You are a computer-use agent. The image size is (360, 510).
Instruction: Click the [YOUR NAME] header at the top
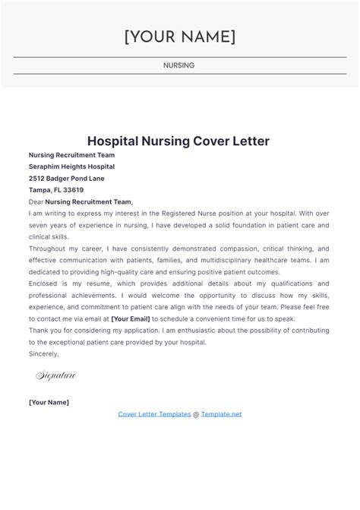click(179, 36)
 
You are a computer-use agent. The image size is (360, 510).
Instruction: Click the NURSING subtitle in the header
click(179, 65)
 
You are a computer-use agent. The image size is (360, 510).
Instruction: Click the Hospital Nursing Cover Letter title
click(178, 141)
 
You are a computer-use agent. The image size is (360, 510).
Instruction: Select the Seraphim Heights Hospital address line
click(71, 166)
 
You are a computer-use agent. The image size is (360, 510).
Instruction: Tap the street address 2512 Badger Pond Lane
click(67, 178)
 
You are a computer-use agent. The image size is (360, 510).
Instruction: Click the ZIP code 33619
click(74, 190)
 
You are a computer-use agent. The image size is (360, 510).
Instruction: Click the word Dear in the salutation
click(36, 202)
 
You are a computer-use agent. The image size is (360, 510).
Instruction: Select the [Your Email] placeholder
click(131, 319)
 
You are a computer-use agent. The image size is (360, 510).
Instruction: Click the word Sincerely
click(43, 354)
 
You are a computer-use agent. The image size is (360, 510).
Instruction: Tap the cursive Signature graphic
click(55, 375)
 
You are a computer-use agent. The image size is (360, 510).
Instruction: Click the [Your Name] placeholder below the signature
click(49, 402)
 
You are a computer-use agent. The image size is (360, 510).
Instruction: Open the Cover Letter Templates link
click(154, 414)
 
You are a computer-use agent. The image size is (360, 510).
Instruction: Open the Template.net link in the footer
click(221, 414)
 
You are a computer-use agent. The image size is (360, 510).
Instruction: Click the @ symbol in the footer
click(196, 414)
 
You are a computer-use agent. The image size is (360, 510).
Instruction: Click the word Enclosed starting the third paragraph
click(43, 284)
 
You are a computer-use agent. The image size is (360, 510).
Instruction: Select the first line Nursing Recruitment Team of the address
click(71, 155)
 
